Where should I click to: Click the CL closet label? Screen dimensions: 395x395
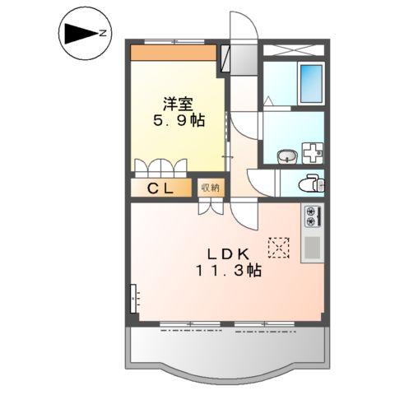point(160,188)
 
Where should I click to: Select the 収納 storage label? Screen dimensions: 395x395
point(210,188)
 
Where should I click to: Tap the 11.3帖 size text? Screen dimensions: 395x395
point(228,271)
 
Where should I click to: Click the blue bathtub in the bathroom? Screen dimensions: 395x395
point(311,81)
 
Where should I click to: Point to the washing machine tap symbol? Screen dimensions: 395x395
point(313,154)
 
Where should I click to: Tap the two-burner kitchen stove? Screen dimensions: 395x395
point(312,216)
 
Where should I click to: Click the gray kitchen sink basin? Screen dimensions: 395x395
point(312,249)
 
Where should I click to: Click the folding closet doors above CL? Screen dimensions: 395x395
point(160,165)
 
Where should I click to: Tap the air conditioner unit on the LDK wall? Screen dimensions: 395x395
point(133,295)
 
